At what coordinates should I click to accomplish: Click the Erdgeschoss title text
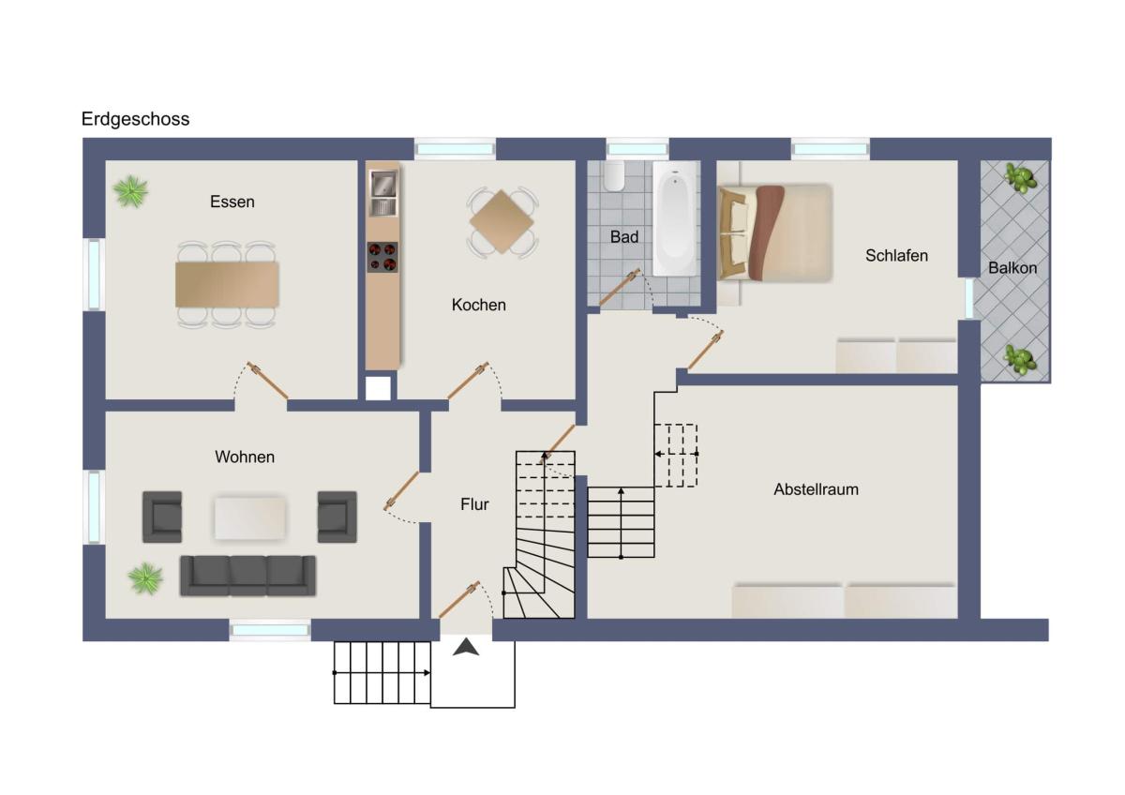(136, 119)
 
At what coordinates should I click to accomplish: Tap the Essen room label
(232, 202)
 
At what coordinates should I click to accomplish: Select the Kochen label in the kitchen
(479, 305)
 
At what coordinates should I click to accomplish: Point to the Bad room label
(624, 237)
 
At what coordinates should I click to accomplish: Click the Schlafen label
(896, 256)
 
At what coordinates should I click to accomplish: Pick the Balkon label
(1012, 268)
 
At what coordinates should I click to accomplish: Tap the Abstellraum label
(817, 489)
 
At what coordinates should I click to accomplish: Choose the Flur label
(474, 504)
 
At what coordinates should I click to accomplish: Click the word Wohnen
(245, 457)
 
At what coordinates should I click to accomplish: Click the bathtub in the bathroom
(676, 218)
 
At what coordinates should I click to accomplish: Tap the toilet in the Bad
(614, 175)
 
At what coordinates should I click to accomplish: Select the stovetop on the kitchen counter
(382, 257)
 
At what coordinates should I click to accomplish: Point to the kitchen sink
(383, 193)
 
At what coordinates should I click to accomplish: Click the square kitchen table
(502, 221)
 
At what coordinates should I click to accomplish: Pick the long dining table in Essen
(227, 284)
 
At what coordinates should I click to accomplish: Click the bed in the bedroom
(775, 232)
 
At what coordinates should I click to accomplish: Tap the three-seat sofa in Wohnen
(248, 576)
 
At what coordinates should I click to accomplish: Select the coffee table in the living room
(250, 517)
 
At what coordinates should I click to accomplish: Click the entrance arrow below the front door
(466, 647)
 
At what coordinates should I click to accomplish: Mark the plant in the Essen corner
(131, 191)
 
